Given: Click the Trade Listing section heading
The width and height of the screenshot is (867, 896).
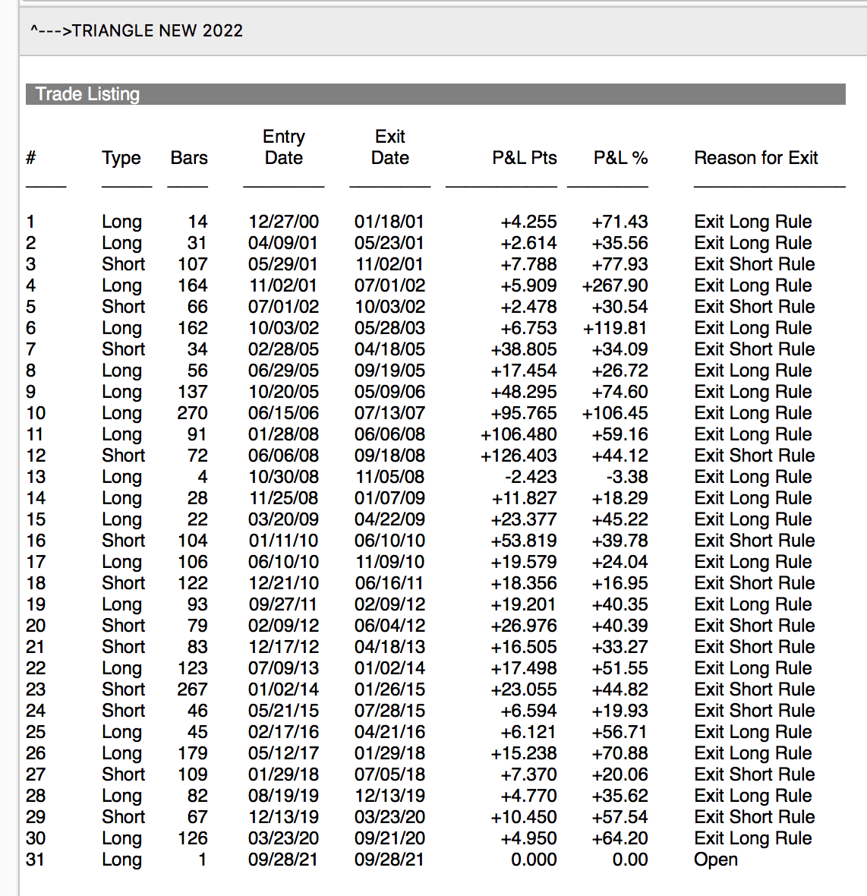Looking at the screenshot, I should point(87,94).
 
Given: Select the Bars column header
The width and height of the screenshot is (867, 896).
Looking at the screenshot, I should point(189,158).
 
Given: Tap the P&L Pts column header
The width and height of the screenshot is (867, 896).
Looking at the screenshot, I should point(524,158).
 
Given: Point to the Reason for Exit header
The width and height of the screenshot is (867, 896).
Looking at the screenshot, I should point(755,158).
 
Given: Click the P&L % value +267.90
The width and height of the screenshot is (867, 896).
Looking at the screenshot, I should point(614,286).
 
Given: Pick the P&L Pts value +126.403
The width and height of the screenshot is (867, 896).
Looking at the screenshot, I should point(519,456).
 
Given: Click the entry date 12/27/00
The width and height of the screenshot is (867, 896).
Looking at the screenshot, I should point(283,222).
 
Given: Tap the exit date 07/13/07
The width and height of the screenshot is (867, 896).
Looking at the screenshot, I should point(389,413).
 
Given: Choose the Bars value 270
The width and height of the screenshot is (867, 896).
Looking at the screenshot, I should point(192,413).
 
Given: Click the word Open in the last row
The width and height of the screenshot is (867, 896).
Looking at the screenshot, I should point(715,860).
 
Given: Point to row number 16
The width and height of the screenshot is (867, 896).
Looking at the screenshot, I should point(36,541).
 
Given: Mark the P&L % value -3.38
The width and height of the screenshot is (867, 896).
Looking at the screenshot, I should point(627,477).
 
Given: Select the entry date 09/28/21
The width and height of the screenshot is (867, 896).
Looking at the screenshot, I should point(283,860).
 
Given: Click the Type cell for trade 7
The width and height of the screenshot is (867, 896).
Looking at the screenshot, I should point(123,349).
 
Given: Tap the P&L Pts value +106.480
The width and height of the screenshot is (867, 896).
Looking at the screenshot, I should point(519,434).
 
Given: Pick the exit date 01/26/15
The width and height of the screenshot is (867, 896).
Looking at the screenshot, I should point(389,689).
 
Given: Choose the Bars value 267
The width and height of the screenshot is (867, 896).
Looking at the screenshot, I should point(192,689).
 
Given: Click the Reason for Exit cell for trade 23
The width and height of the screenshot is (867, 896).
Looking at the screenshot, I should point(754,689).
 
